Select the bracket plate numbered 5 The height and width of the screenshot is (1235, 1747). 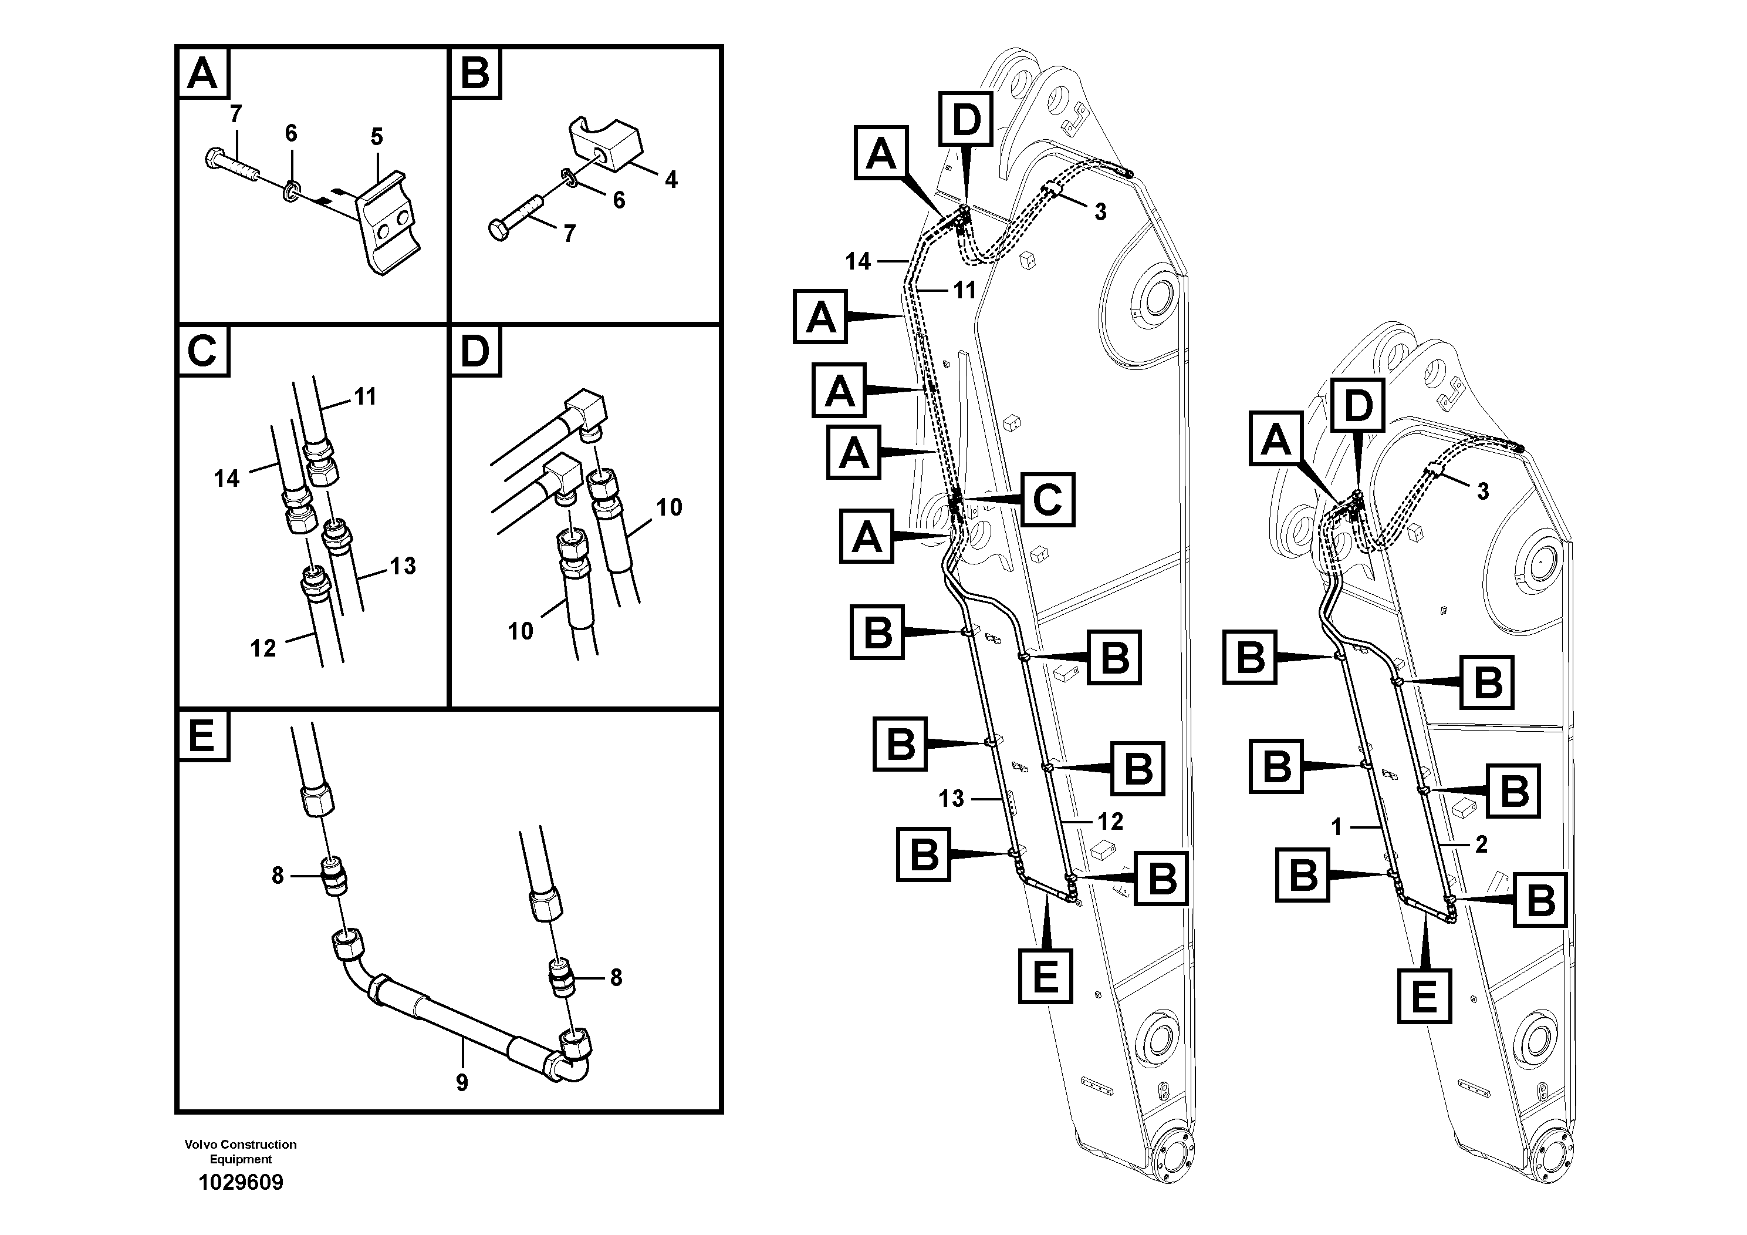(388, 221)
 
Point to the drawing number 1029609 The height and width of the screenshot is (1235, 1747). (241, 1183)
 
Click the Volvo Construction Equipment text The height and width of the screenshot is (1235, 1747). (241, 1151)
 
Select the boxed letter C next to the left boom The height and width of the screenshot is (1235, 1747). (1047, 500)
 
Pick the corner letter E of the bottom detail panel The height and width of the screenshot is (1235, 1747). (202, 736)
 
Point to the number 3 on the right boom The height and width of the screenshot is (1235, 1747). (1483, 491)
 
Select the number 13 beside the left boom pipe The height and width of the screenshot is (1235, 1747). (951, 798)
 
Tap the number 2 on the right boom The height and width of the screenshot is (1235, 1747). (1481, 844)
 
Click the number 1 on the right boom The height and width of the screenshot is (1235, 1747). (1337, 826)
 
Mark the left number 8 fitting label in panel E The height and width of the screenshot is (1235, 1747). (278, 876)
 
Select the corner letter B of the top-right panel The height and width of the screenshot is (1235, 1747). (475, 74)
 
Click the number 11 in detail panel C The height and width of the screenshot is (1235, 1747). (365, 397)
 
